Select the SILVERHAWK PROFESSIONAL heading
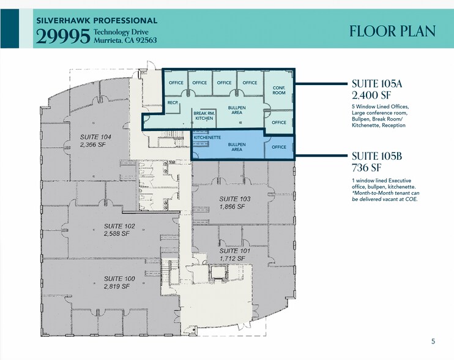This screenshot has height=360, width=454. [97, 21]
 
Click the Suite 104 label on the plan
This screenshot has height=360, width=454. [95, 141]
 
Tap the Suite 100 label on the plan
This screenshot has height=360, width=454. [121, 282]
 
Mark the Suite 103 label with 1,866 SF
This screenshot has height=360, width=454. [235, 203]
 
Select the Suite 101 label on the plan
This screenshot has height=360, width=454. [236, 255]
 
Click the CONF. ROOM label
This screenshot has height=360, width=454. [279, 91]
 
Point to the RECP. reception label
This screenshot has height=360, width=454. [173, 103]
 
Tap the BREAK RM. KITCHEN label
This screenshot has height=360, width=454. [203, 116]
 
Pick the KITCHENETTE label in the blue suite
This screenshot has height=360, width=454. [206, 138]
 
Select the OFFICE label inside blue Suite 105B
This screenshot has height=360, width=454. [279, 147]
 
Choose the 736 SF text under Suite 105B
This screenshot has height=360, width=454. [367, 167]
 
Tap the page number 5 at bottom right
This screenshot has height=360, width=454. [433, 341]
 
